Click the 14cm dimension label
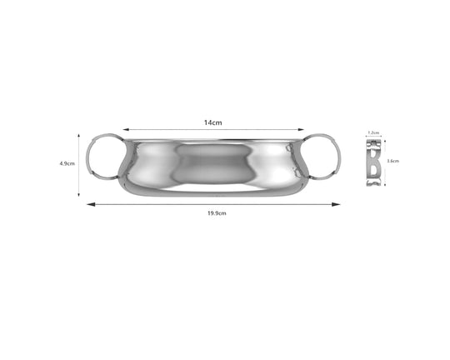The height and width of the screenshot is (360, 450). [x=213, y=122]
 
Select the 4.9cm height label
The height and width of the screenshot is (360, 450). [x=67, y=164]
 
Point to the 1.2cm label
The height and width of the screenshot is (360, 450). [x=374, y=132]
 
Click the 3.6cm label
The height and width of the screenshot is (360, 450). [x=392, y=161]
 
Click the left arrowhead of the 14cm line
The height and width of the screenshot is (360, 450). [x=124, y=130]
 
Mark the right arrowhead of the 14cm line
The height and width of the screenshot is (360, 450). [x=303, y=130]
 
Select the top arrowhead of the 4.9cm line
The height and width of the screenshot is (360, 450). [x=80, y=137]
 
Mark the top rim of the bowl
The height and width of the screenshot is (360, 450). [x=213, y=139]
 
